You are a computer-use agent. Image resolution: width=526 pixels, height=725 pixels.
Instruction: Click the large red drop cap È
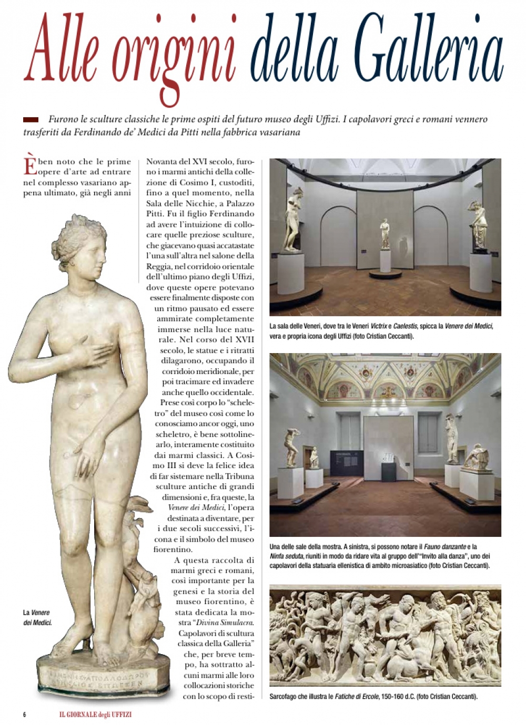31,165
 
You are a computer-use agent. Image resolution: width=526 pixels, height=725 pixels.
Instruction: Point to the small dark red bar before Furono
31,120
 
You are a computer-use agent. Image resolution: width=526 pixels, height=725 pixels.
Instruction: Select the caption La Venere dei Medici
37,618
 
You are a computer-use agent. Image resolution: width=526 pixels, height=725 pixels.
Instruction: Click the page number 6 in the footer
24,714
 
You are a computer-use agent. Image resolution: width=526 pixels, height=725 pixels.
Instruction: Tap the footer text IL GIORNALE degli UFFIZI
95,714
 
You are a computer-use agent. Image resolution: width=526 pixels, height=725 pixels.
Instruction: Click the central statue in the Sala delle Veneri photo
385,234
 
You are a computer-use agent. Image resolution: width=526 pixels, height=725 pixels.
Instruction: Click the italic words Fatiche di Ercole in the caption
357,697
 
